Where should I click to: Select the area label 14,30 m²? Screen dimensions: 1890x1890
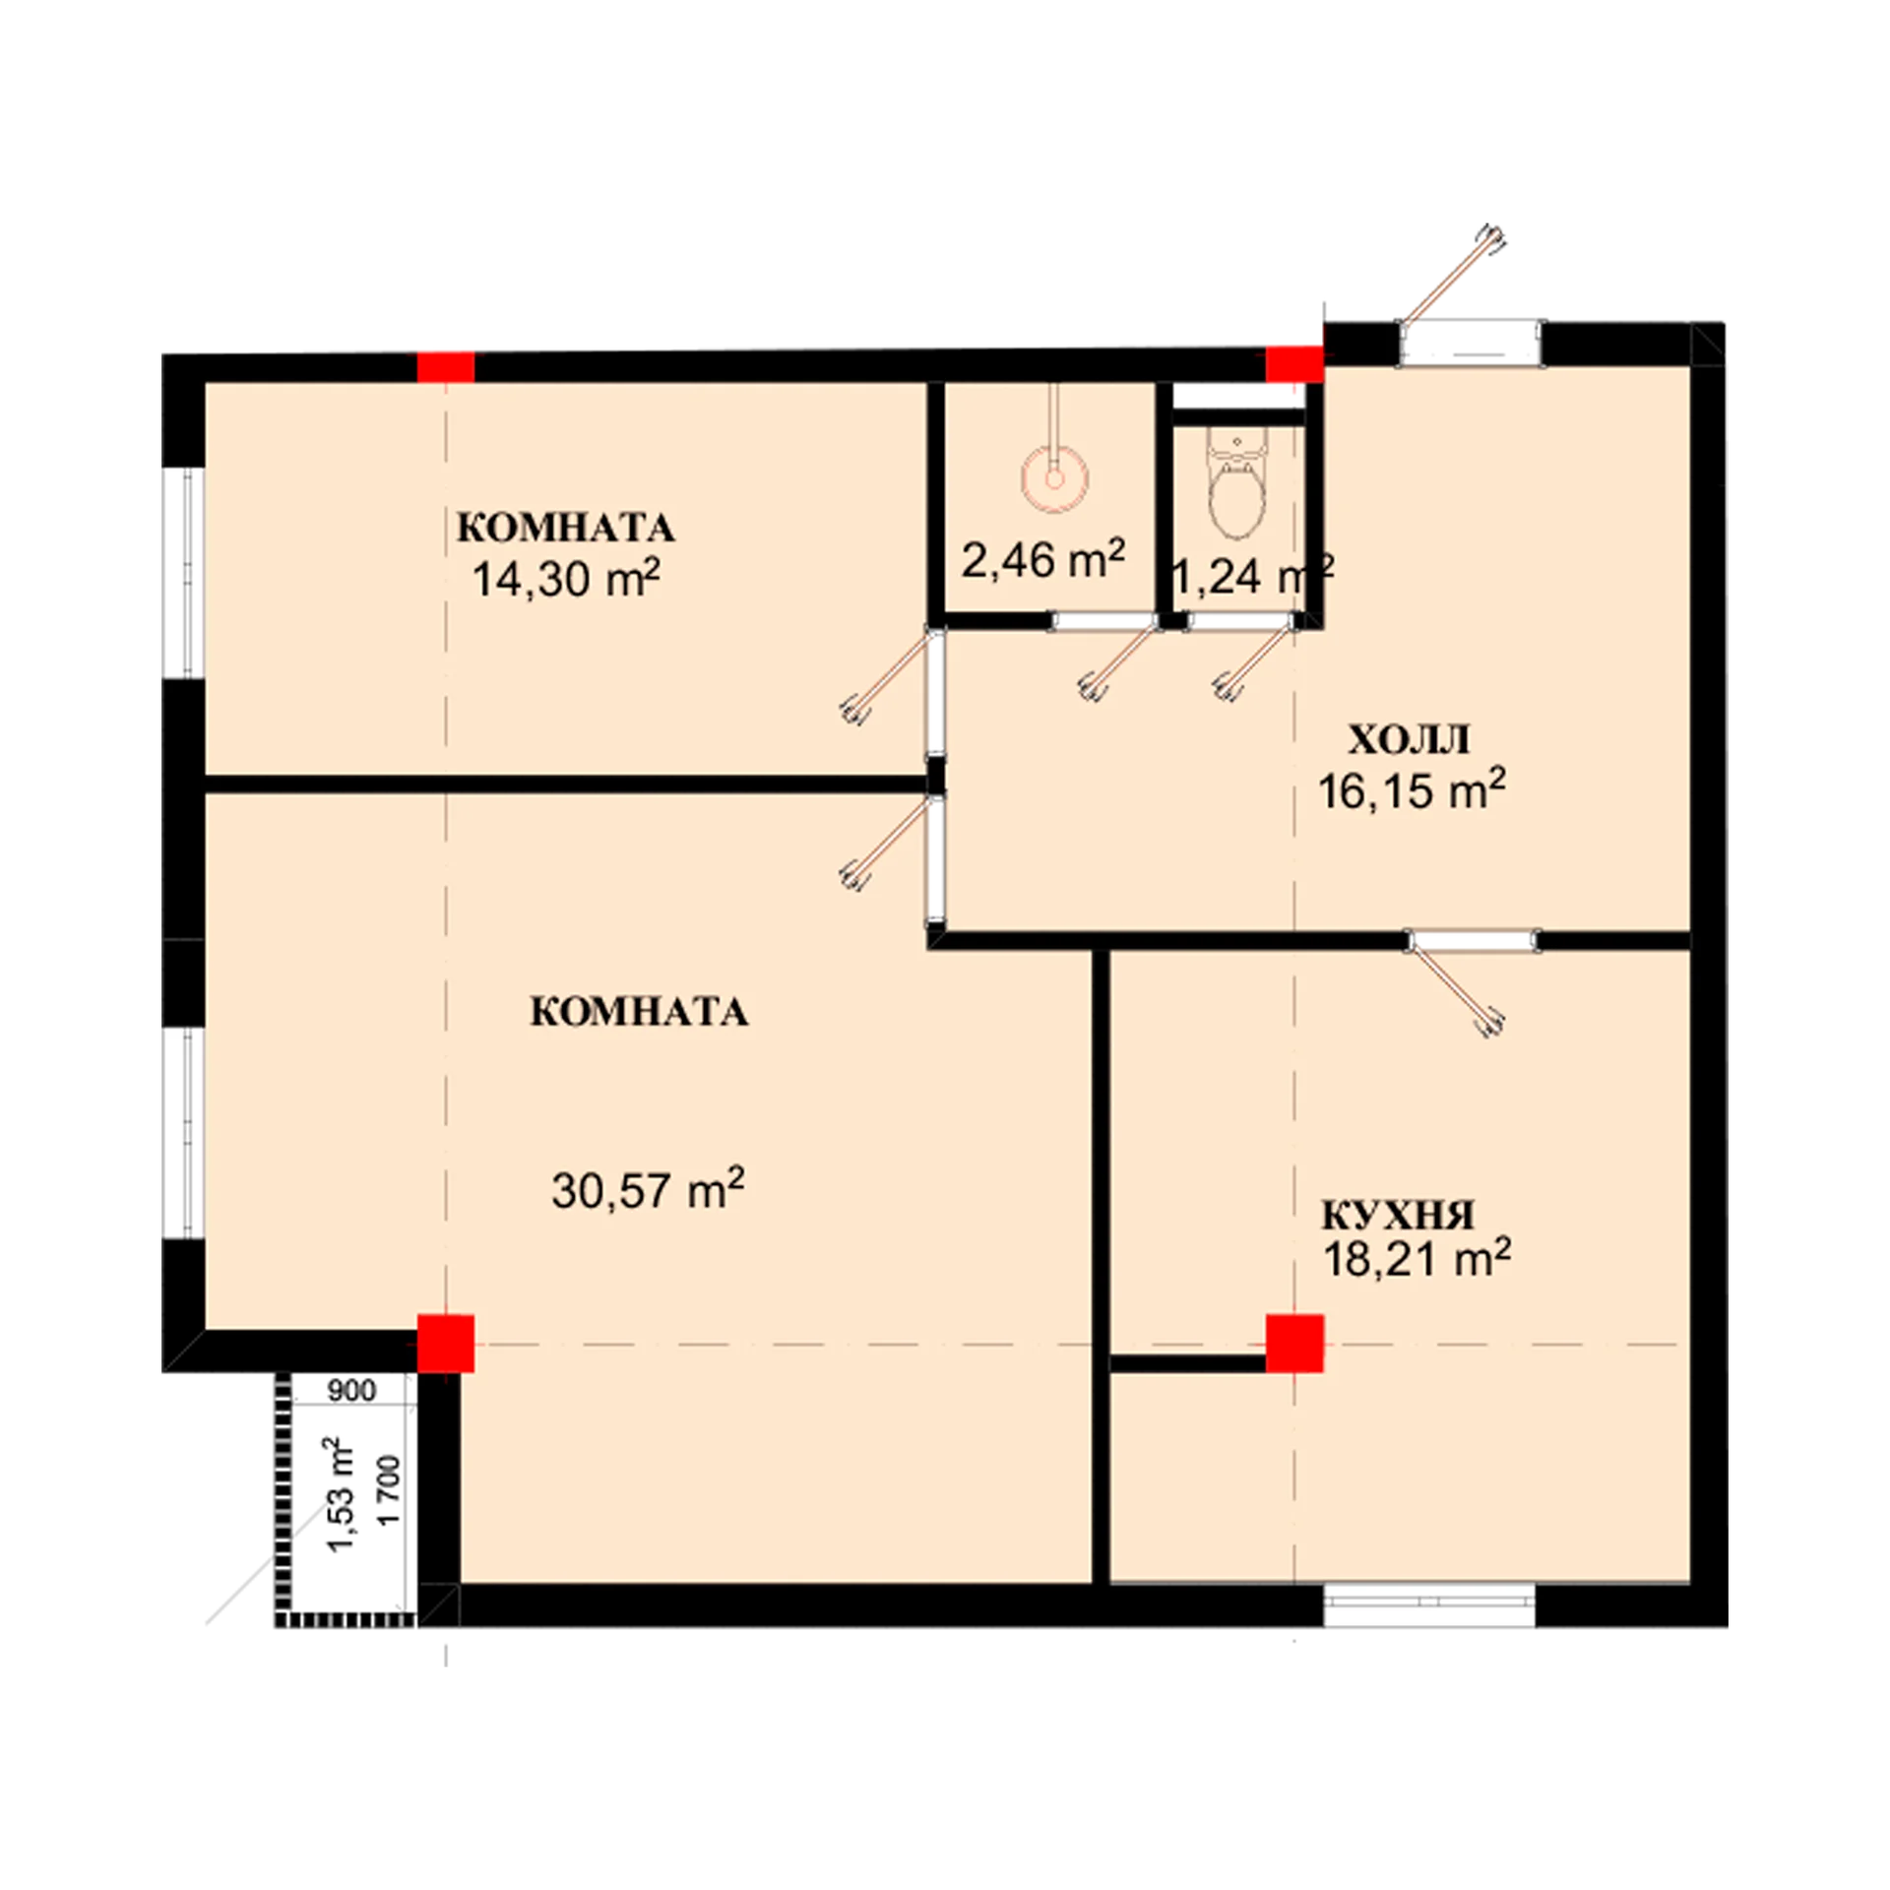[566, 580]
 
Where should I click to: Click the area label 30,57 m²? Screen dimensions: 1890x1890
[648, 1189]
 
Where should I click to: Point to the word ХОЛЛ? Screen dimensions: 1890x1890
[1409, 740]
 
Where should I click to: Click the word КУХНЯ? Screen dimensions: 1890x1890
[1398, 1216]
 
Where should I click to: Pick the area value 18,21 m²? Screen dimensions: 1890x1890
[1417, 1259]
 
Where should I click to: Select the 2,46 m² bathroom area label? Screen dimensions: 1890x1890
[1043, 560]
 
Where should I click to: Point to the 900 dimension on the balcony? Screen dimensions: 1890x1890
[351, 1391]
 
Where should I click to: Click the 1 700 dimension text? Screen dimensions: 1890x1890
[391, 1490]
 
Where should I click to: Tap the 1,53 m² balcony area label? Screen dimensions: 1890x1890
[343, 1493]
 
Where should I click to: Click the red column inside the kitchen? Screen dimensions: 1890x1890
[1294, 1344]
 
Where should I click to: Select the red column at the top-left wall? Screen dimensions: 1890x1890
[446, 367]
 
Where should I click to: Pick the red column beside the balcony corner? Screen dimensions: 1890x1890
[446, 1344]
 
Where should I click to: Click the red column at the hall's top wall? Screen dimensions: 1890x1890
[1294, 363]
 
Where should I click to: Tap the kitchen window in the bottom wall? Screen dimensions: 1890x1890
[1429, 1605]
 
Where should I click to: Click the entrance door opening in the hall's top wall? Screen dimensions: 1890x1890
[1471, 345]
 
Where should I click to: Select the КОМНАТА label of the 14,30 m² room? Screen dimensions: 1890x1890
[566, 528]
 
